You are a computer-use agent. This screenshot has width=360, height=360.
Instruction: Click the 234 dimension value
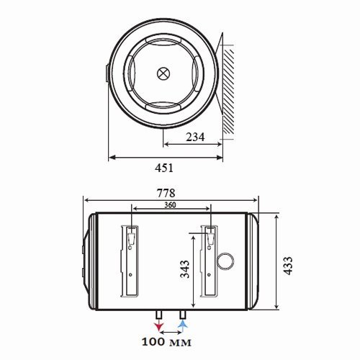pos(195,137)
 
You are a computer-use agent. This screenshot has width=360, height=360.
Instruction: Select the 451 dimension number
pos(164,168)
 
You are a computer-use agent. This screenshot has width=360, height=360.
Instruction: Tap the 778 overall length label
pos(166,193)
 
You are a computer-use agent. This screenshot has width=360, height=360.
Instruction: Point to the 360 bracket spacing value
pos(170,205)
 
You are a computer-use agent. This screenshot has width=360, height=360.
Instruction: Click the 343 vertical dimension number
pos(185,269)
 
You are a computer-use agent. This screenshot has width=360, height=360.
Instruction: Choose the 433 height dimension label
pos(288,266)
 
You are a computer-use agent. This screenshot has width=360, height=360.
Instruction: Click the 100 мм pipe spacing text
pos(166,342)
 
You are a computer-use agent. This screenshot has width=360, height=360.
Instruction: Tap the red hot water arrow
pos(158,326)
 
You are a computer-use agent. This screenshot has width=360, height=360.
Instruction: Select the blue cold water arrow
pos(183,326)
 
